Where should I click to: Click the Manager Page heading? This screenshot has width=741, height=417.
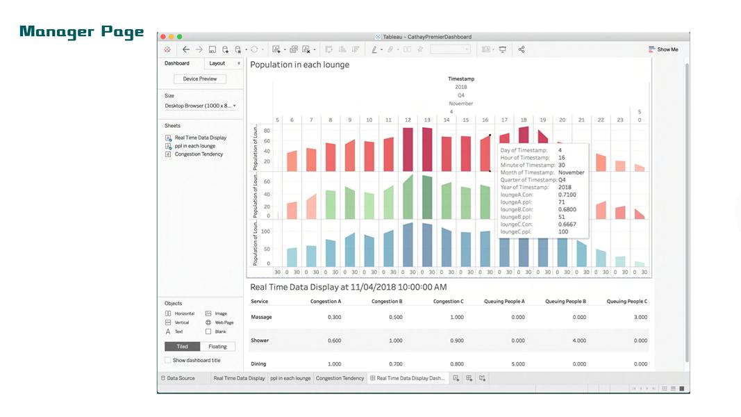82,32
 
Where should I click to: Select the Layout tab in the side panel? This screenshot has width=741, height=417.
217,63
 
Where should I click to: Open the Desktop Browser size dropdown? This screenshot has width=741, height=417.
200,106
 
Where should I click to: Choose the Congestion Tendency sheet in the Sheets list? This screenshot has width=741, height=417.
199,154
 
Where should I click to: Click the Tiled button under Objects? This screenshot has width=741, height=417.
182,346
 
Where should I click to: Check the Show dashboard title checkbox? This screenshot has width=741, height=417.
167,360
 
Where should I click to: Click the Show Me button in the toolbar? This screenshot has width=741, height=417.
663,49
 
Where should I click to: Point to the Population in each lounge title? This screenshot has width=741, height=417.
299,65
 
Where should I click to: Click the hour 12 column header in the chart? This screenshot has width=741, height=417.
408,120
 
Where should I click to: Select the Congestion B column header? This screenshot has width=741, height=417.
387,302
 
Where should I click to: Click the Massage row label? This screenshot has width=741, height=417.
261,317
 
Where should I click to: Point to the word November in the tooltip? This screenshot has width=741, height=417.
572,172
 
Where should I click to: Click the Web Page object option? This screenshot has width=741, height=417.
224,322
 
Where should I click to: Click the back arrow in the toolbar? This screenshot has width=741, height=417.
185,49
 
